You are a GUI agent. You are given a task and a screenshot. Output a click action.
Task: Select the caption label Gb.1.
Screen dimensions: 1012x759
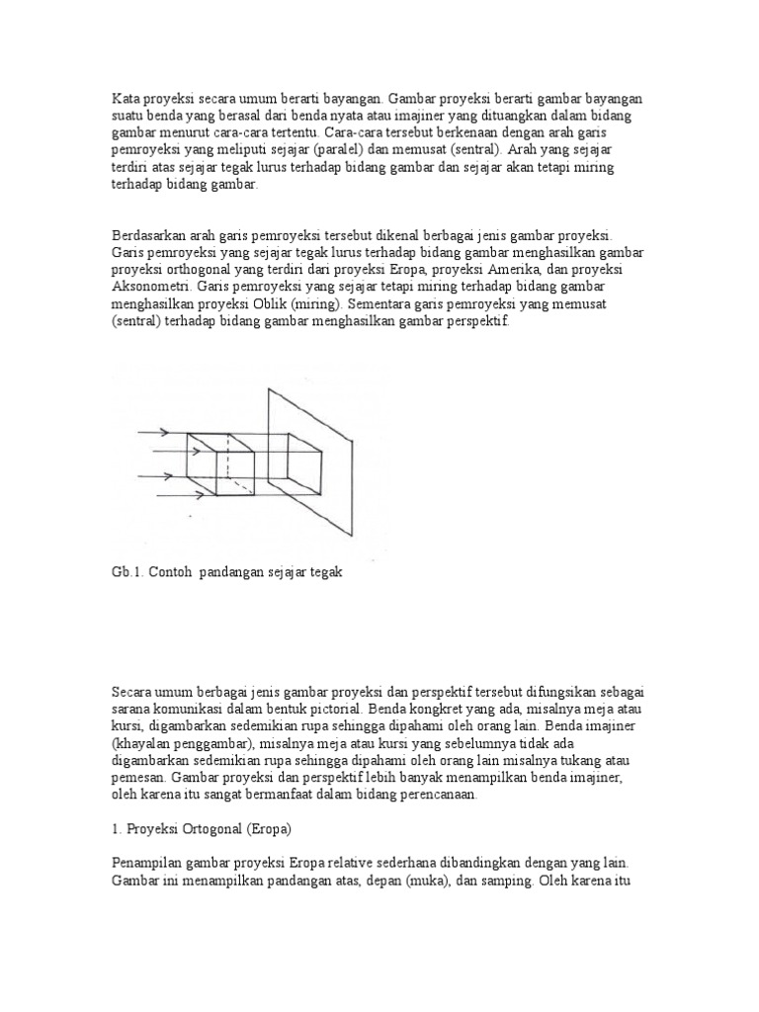point(127,574)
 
